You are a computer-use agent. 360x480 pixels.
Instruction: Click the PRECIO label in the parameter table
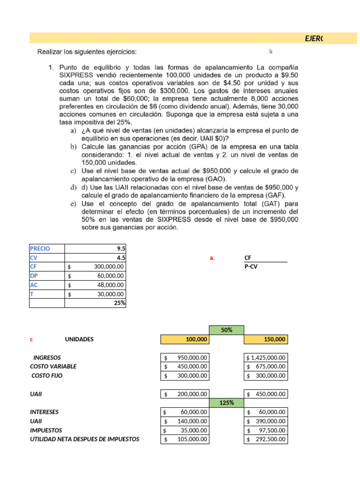coord(40,248)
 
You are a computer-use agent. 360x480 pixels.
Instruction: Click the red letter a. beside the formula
coord(212,257)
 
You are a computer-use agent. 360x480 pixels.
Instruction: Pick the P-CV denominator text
coord(251,267)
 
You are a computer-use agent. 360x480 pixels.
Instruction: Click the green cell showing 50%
coord(226,330)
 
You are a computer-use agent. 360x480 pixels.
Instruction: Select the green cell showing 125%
coord(226,403)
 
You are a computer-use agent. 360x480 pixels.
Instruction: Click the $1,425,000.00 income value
coord(266,358)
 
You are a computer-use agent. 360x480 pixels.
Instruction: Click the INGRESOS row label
coord(47,358)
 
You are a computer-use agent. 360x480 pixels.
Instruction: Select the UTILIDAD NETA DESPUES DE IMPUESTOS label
coord(84,439)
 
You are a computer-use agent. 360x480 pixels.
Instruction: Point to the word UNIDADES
coord(79,339)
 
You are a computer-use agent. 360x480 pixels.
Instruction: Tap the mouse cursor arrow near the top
coord(271,52)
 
